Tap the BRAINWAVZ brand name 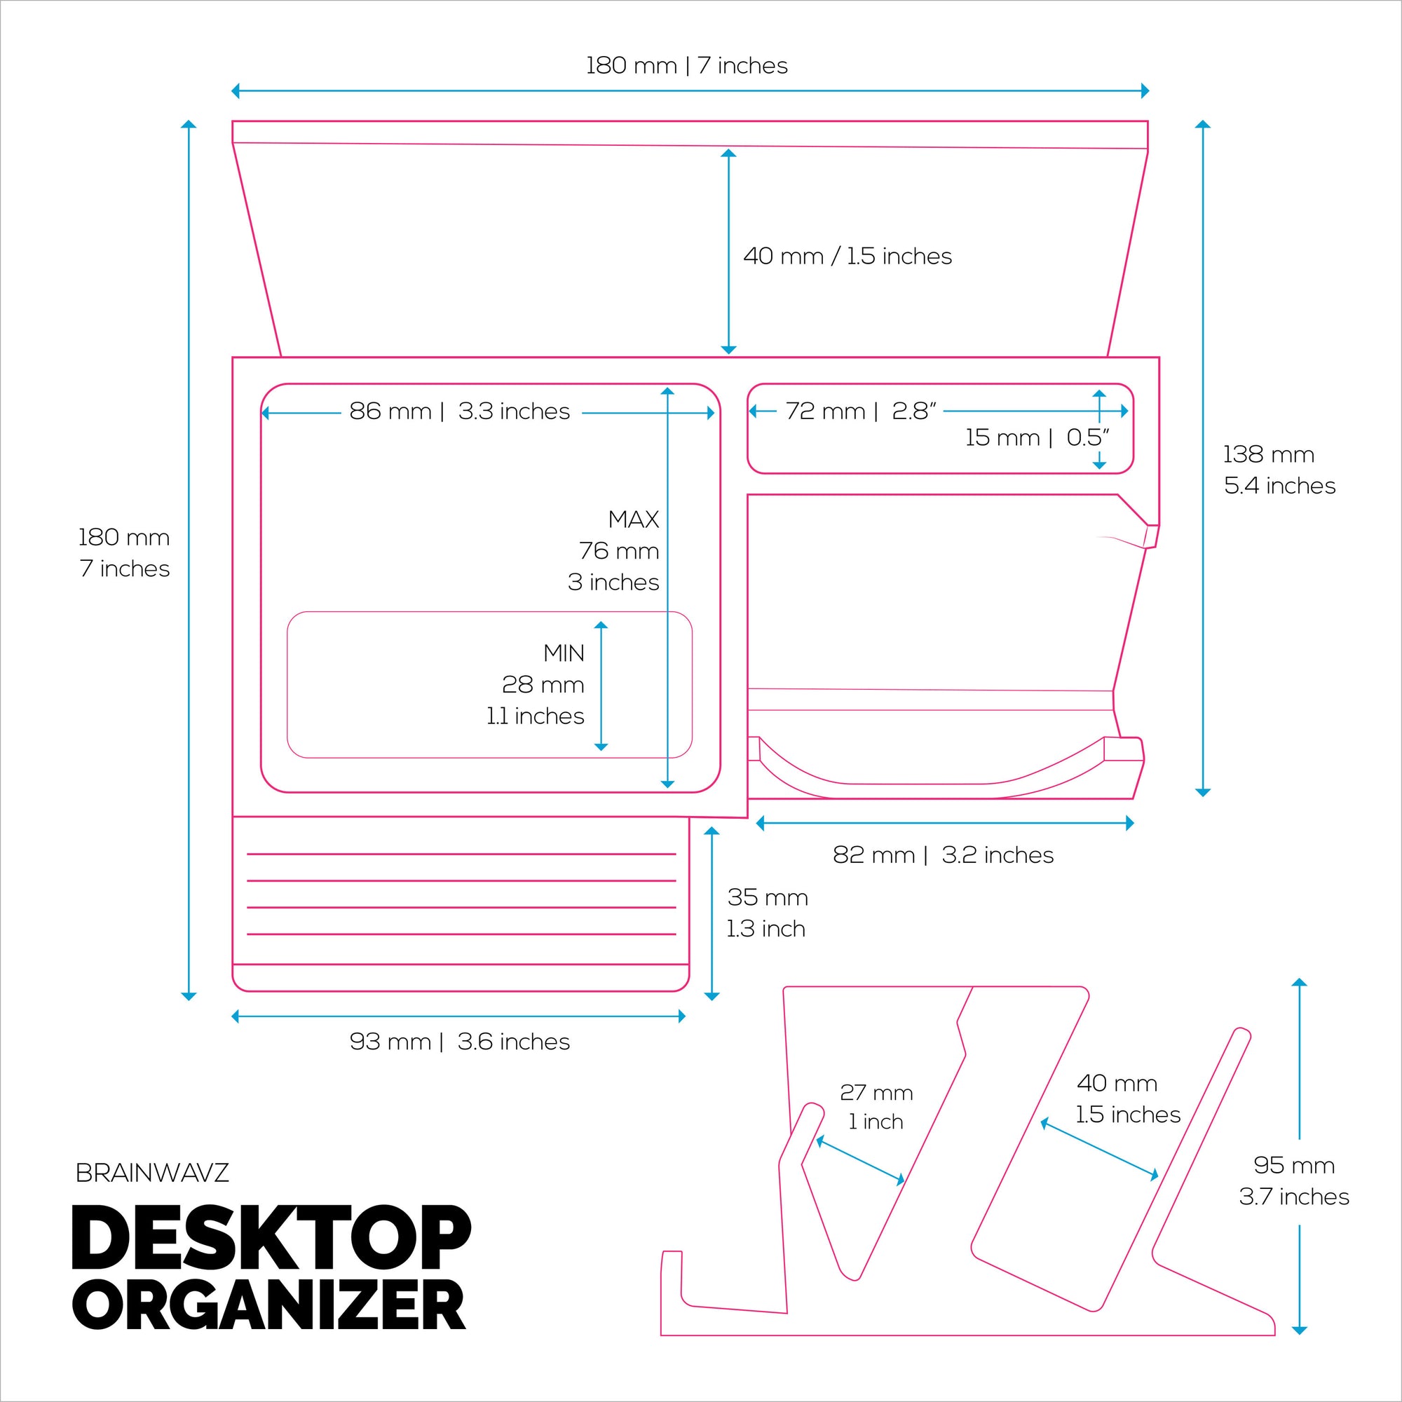pyautogui.click(x=152, y=1173)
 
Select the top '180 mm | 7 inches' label pyautogui.click(x=686, y=66)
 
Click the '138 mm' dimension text pyautogui.click(x=1269, y=454)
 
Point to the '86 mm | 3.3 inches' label pyautogui.click(x=459, y=411)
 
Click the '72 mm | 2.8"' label pyautogui.click(x=861, y=411)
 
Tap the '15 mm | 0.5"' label pyautogui.click(x=1037, y=437)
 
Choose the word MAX pyautogui.click(x=634, y=519)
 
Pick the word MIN pyautogui.click(x=564, y=653)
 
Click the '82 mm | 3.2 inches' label pyautogui.click(x=943, y=855)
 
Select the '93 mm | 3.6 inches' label pyautogui.click(x=459, y=1042)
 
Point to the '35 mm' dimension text pyautogui.click(x=768, y=898)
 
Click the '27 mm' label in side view pyautogui.click(x=876, y=1092)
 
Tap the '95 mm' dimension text pyautogui.click(x=1294, y=1166)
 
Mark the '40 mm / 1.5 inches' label pyautogui.click(x=847, y=256)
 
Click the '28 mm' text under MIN pyautogui.click(x=543, y=684)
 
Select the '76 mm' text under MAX pyautogui.click(x=618, y=551)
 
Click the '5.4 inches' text pyautogui.click(x=1279, y=486)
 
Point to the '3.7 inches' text pyautogui.click(x=1294, y=1197)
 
